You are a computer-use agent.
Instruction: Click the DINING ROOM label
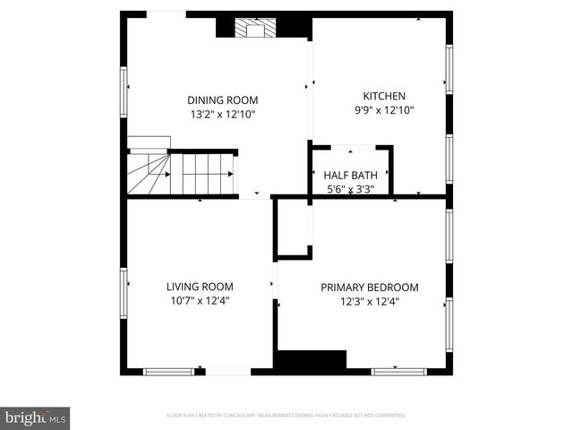coord(222,99)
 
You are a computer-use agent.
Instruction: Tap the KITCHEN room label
coord(384,96)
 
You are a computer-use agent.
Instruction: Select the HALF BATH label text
coord(348,176)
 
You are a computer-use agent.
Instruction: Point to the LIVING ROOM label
coord(200,287)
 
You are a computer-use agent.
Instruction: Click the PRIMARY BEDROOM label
coord(370,288)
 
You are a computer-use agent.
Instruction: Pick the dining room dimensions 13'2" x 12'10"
coord(222,114)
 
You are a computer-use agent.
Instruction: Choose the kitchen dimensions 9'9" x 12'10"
coord(384,110)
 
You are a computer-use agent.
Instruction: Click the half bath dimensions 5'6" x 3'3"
coord(348,189)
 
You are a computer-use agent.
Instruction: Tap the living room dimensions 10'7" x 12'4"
coord(199,301)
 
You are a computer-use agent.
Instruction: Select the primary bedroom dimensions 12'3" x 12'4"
coord(370,302)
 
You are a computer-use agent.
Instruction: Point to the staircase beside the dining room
coord(182,174)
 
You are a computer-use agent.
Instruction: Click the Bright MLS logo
coord(36,417)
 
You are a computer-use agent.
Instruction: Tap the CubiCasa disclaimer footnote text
coord(286,416)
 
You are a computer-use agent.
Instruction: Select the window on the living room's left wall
coord(124,286)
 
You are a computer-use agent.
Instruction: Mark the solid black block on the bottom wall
coord(310,360)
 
